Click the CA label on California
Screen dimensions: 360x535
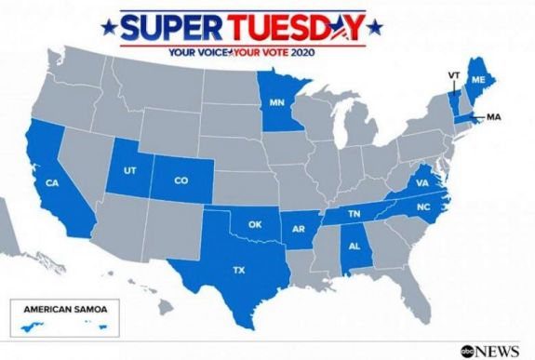tap(53, 182)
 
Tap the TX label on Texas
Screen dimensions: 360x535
tap(238, 271)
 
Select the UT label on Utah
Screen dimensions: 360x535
tap(130, 171)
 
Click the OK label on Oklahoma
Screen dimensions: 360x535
tap(255, 224)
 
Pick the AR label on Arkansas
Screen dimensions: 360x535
tap(300, 229)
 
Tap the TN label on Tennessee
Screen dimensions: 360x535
tap(354, 213)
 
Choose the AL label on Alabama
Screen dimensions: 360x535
tap(354, 247)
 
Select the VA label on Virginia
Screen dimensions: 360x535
tap(421, 183)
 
